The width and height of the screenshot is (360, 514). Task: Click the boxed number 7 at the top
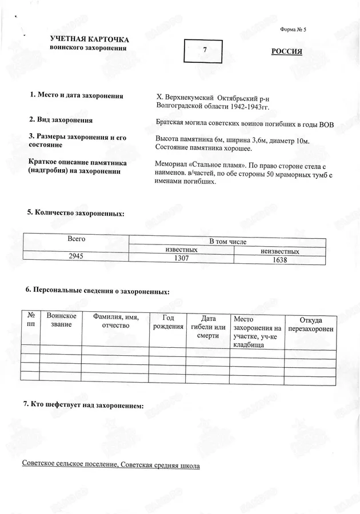pyautogui.click(x=205, y=50)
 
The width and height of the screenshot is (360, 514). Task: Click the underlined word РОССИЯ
pyautogui.click(x=286, y=51)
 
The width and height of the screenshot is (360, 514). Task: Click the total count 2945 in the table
pyautogui.click(x=75, y=256)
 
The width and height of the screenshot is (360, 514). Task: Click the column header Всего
pyautogui.click(x=76, y=238)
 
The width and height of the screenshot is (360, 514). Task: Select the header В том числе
pyautogui.click(x=227, y=242)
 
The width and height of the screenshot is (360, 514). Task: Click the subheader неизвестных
pyautogui.click(x=280, y=251)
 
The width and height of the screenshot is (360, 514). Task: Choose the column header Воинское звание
pyautogui.click(x=61, y=320)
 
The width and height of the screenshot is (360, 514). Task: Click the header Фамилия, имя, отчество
pyautogui.click(x=115, y=321)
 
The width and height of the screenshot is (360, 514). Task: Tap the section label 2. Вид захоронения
pyautogui.click(x=61, y=120)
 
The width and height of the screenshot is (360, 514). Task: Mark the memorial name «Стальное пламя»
pyautogui.click(x=214, y=163)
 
